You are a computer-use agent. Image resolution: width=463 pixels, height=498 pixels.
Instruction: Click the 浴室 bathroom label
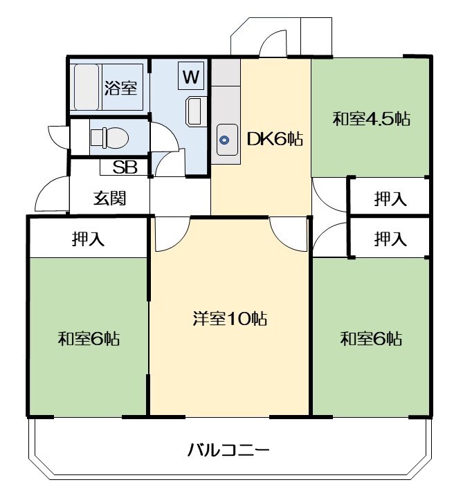tap(120, 88)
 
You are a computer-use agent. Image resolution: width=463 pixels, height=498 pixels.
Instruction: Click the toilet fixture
tap(109, 138)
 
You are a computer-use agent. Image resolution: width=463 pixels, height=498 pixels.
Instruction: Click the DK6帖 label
tap(275, 139)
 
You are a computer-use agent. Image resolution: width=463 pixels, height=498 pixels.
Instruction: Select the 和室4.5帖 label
tap(371, 118)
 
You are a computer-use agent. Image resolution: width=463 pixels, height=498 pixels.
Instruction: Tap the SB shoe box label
tap(125, 167)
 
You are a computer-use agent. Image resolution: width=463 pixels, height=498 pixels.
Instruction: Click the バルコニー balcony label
tap(228, 451)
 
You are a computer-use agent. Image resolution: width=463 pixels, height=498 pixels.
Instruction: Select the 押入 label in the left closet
tap(88, 239)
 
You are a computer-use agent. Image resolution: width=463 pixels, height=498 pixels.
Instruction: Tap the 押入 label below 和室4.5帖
tap(390, 199)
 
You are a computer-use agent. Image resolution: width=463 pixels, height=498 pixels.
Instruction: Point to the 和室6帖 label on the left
tap(88, 339)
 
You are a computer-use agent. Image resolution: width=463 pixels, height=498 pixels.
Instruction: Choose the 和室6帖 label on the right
tap(371, 339)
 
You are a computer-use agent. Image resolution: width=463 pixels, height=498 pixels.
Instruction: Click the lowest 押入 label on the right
tap(390, 239)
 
